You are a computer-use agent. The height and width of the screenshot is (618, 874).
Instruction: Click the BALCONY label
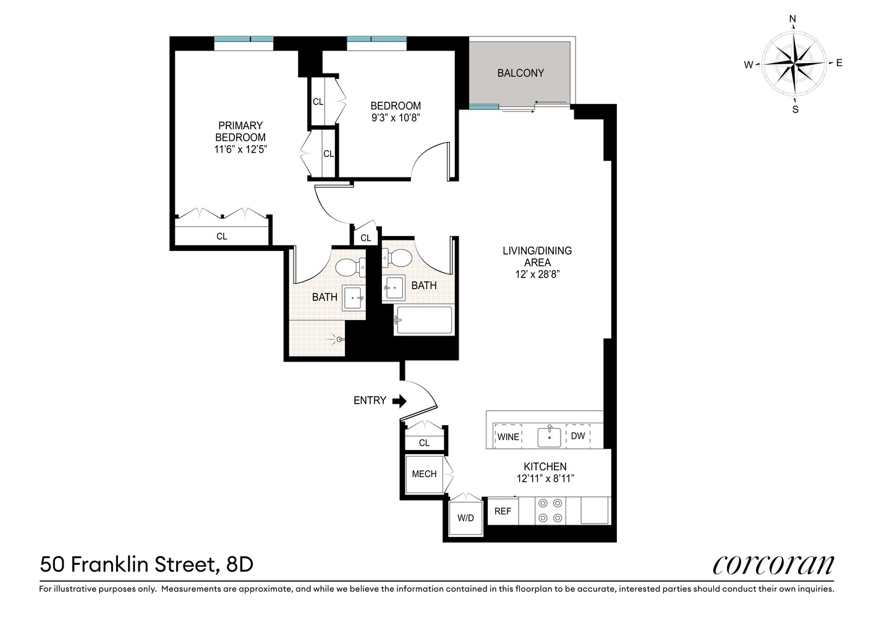[520, 73]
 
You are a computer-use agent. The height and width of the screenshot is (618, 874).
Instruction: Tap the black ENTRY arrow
[400, 401]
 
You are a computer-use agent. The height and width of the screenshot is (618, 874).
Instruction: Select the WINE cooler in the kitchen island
[507, 436]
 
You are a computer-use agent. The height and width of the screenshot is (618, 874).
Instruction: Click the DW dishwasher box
[578, 436]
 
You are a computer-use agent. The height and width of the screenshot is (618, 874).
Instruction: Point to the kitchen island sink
[549, 437]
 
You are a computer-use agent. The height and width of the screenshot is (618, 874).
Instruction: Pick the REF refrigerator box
[503, 511]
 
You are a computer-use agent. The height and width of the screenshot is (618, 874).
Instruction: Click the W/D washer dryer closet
[465, 518]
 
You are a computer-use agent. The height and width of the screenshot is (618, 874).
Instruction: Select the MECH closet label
[424, 474]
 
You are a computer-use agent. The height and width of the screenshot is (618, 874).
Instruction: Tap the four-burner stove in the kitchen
[550, 510]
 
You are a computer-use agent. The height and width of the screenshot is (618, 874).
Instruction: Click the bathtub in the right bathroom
[424, 320]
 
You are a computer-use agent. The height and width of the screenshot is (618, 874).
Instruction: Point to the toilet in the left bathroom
[347, 267]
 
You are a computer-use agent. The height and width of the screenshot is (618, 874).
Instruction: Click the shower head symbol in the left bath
[337, 338]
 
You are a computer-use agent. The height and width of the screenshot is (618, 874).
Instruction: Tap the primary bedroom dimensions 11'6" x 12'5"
[240, 149]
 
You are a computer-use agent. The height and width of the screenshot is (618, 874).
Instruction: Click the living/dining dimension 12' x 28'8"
[537, 274]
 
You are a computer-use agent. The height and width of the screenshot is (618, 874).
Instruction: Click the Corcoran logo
[773, 565]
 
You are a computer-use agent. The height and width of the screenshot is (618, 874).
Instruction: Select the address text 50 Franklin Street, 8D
[146, 565]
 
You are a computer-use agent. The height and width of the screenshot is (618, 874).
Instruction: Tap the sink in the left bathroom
[354, 298]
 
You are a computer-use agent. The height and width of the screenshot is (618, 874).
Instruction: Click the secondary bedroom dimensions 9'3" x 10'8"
[396, 117]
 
